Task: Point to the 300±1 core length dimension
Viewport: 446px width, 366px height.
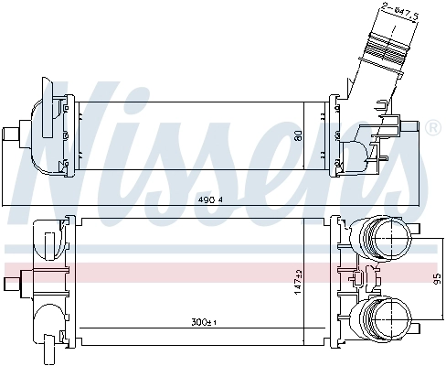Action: pos(202,323)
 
